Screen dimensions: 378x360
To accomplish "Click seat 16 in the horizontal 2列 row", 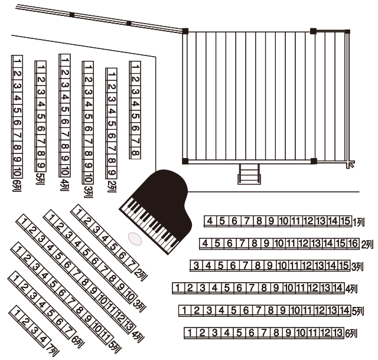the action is click(353, 243).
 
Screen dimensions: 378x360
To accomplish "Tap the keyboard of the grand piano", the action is click(150, 226).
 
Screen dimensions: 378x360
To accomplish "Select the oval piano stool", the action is click(135, 239).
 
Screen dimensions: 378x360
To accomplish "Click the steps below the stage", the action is click(249, 174).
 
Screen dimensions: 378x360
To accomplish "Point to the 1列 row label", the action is click(359, 222).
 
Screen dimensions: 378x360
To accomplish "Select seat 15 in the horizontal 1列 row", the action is click(345, 221).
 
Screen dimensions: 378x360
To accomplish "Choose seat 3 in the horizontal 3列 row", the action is click(196, 266).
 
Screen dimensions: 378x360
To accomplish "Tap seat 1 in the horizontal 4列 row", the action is click(178, 288).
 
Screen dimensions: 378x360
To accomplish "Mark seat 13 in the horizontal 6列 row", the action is click(337, 332).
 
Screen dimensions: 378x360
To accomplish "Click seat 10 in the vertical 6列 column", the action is click(17, 172).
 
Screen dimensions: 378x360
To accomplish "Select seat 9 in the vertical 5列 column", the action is click(41, 165).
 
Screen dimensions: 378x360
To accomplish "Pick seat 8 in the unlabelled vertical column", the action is click(135, 153).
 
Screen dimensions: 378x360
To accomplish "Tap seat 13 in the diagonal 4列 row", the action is click(129, 326).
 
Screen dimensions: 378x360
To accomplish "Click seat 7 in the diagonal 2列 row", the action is click(131, 264).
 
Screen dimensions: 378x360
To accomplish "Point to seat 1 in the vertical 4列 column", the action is click(65, 60).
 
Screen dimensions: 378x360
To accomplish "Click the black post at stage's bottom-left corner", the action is click(185, 161).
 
